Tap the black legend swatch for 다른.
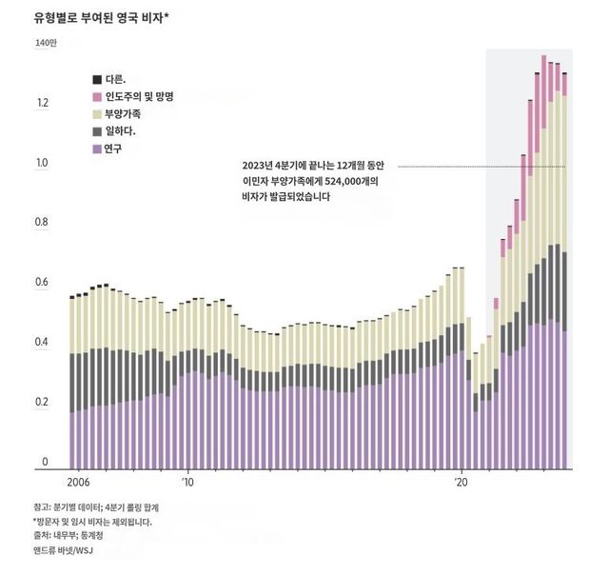click(x=97, y=79)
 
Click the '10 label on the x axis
click(x=187, y=483)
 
